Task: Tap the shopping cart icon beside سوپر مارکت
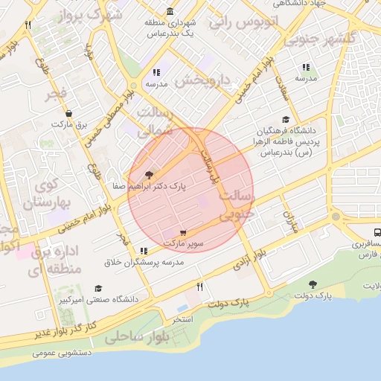pyautogui.click(x=184, y=232)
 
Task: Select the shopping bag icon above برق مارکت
pyautogui.click(x=68, y=113)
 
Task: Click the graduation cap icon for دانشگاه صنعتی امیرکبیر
pyautogui.click(x=97, y=289)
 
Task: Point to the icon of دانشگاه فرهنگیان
pyautogui.click(x=285, y=119)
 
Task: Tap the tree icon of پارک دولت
pyautogui.click(x=312, y=284)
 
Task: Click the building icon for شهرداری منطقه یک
pyautogui.click(x=171, y=12)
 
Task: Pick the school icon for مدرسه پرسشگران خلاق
pyautogui.click(x=156, y=251)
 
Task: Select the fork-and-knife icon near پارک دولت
pyautogui.click(x=199, y=286)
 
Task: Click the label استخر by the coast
pyautogui.click(x=182, y=318)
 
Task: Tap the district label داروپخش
pyautogui.click(x=199, y=79)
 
